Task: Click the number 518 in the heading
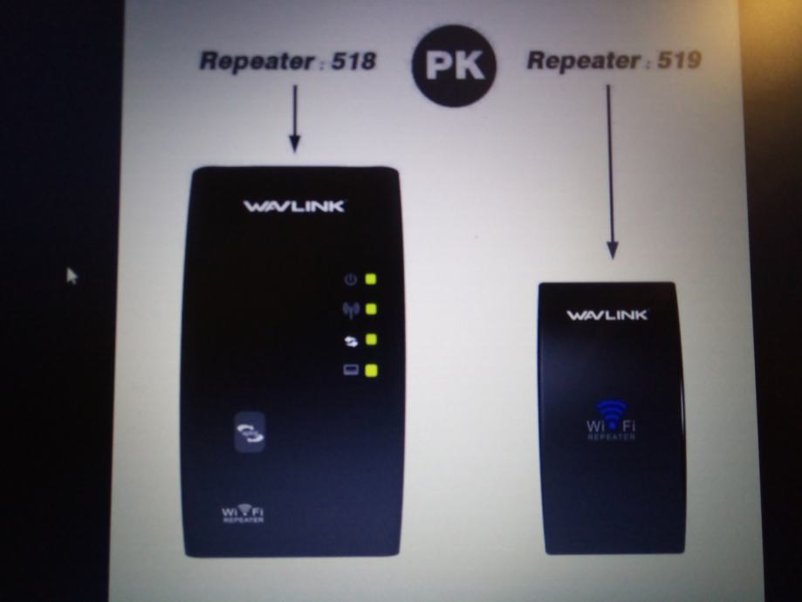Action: pos(353,61)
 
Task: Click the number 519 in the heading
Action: pos(679,60)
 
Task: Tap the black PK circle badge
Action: pos(454,66)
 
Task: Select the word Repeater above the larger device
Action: pos(257,61)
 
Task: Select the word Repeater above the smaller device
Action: pos(584,61)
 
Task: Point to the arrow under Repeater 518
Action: pos(295,119)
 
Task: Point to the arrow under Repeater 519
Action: pos(611,172)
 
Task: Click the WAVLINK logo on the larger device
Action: pos(294,206)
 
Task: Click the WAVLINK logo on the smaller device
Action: pos(607,315)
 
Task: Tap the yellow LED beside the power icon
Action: pos(370,279)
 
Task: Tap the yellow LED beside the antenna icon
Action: pos(372,309)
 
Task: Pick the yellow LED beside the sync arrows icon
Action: pos(372,339)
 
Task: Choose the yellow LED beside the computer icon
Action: pos(372,370)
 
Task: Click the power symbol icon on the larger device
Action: pos(350,280)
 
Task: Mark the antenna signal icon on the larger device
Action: pos(351,310)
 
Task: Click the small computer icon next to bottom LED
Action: pos(351,369)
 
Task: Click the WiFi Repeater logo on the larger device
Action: pos(243,513)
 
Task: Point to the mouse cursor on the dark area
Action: pos(72,276)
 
